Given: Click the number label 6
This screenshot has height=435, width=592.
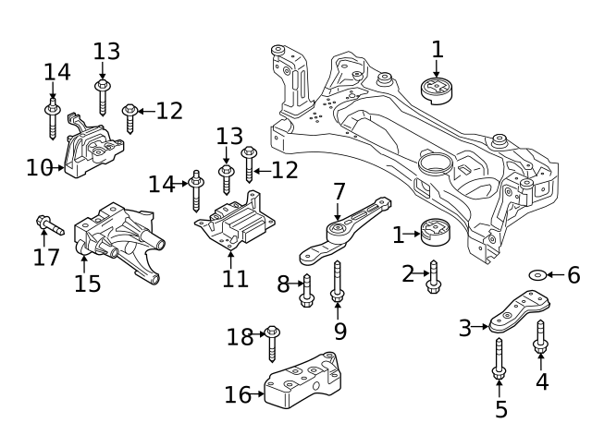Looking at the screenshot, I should (573, 274).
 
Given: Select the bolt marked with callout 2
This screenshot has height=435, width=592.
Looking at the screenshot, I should (433, 277).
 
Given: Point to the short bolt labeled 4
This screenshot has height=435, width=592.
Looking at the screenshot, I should (541, 337).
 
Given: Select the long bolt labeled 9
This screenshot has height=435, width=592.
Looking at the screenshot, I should (338, 282).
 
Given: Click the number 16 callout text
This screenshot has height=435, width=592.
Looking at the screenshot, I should (237, 395).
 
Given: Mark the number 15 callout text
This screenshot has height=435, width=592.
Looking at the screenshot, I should (88, 283).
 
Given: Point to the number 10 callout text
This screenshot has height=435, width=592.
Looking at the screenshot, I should (39, 168).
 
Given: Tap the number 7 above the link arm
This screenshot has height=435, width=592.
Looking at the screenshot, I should (339, 192).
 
